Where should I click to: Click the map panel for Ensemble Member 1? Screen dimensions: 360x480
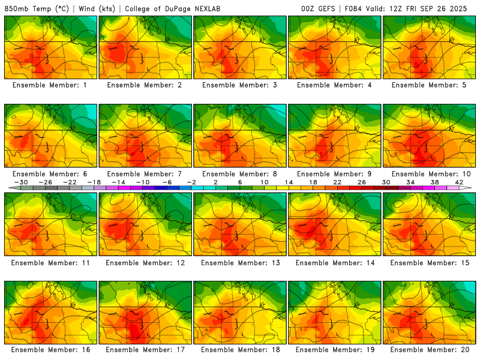click(x=50, y=47)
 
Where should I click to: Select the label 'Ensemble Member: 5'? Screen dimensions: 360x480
click(x=430, y=85)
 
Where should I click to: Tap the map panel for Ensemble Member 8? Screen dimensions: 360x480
click(x=240, y=136)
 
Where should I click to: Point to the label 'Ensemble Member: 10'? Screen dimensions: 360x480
click(x=430, y=174)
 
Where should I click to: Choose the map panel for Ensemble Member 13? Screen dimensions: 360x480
click(x=240, y=224)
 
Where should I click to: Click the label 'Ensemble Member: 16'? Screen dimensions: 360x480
click(x=50, y=350)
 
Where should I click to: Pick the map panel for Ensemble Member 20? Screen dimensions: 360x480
click(x=430, y=312)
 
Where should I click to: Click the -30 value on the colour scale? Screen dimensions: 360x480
click(x=21, y=182)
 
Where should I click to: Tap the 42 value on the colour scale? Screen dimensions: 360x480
click(x=459, y=182)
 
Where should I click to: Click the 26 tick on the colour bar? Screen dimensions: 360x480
click(x=361, y=182)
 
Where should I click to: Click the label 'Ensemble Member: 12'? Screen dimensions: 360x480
click(x=145, y=262)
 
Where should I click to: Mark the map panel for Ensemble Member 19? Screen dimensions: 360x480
click(x=335, y=312)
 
